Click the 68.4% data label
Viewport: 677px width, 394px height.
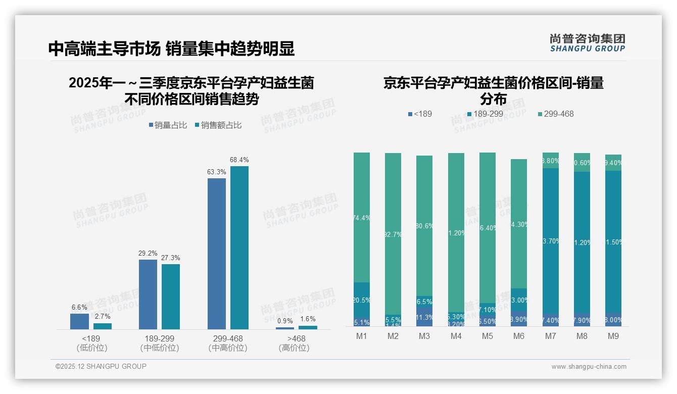[239, 160]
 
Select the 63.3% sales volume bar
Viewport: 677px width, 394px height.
[216, 253]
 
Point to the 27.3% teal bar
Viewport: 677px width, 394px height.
[171, 296]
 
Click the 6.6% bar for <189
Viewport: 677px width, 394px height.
[79, 321]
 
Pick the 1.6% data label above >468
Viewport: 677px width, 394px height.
[308, 319]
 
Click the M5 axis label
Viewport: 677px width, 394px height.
[487, 336]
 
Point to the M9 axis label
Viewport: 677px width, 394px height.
[613, 336]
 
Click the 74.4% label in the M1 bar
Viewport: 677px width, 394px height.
[362, 218]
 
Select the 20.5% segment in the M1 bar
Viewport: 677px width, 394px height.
[362, 300]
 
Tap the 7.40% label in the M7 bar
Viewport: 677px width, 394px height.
[551, 320]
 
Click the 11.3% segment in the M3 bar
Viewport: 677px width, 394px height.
[424, 317]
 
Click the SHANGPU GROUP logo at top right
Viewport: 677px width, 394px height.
[587, 43]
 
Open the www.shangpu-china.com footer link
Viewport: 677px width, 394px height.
[589, 367]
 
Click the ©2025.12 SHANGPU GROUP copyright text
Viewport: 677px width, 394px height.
[101, 366]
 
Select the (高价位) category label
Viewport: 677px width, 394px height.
[294, 348]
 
